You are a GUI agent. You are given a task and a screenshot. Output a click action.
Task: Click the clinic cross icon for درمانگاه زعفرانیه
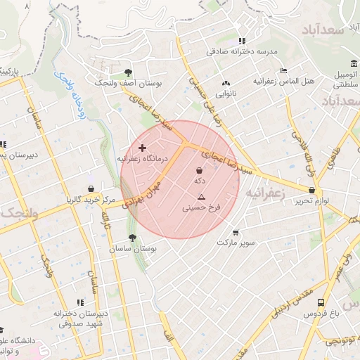point(143,148)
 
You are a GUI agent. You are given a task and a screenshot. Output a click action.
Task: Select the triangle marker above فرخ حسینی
point(202,197)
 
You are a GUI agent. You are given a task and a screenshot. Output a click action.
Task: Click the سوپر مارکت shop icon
point(235,232)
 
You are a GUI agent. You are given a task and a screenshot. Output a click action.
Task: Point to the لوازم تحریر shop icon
point(311,190)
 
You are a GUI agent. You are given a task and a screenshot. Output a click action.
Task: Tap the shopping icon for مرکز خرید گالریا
point(91,188)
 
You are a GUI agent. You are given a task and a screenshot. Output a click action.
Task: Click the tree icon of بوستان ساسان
point(132,238)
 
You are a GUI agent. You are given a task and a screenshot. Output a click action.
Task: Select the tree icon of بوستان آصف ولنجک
point(127,72)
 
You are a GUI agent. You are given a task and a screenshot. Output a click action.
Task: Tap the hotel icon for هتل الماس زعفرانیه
point(283,70)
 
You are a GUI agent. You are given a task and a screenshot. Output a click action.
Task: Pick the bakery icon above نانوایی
point(226,82)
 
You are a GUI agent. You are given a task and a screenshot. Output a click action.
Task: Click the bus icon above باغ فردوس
point(321,302)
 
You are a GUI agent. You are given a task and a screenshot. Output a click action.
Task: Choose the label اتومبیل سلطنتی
point(346,79)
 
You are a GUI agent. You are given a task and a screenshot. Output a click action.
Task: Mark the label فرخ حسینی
point(202,208)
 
